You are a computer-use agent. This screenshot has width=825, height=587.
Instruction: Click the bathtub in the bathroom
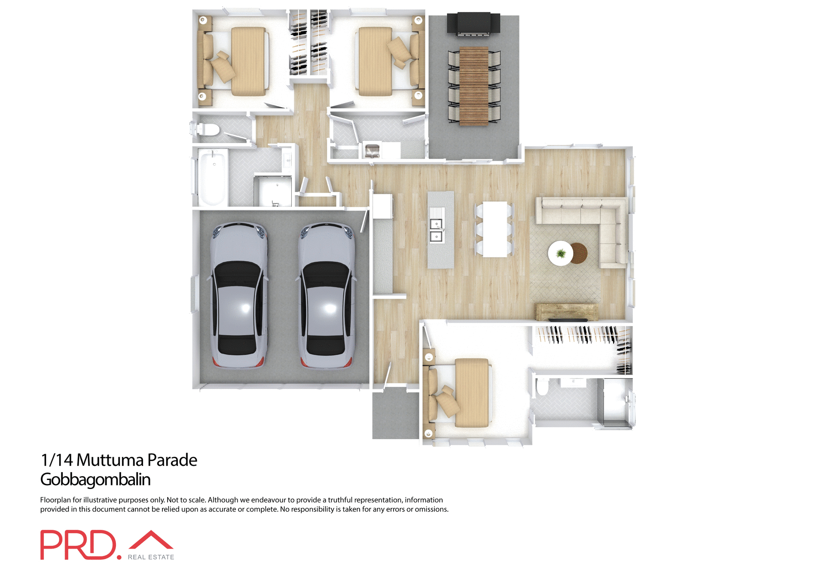[213, 177]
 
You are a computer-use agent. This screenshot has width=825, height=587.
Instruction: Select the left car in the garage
[239, 295]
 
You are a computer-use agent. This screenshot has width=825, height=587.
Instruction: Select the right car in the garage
[327, 295]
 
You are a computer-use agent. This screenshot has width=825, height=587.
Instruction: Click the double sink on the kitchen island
[436, 230]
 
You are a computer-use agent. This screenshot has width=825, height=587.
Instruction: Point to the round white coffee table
[560, 254]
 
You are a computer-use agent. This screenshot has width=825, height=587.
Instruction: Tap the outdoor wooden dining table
[474, 86]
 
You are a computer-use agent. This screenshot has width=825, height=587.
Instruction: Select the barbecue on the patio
[474, 24]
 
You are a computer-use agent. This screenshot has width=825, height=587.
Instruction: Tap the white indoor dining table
[495, 229]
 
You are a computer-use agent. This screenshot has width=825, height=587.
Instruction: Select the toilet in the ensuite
[542, 388]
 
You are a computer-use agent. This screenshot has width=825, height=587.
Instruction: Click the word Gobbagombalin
[95, 480]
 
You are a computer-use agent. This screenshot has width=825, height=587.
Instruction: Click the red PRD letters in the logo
[78, 545]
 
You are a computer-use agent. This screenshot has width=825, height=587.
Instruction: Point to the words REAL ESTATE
[151, 557]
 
